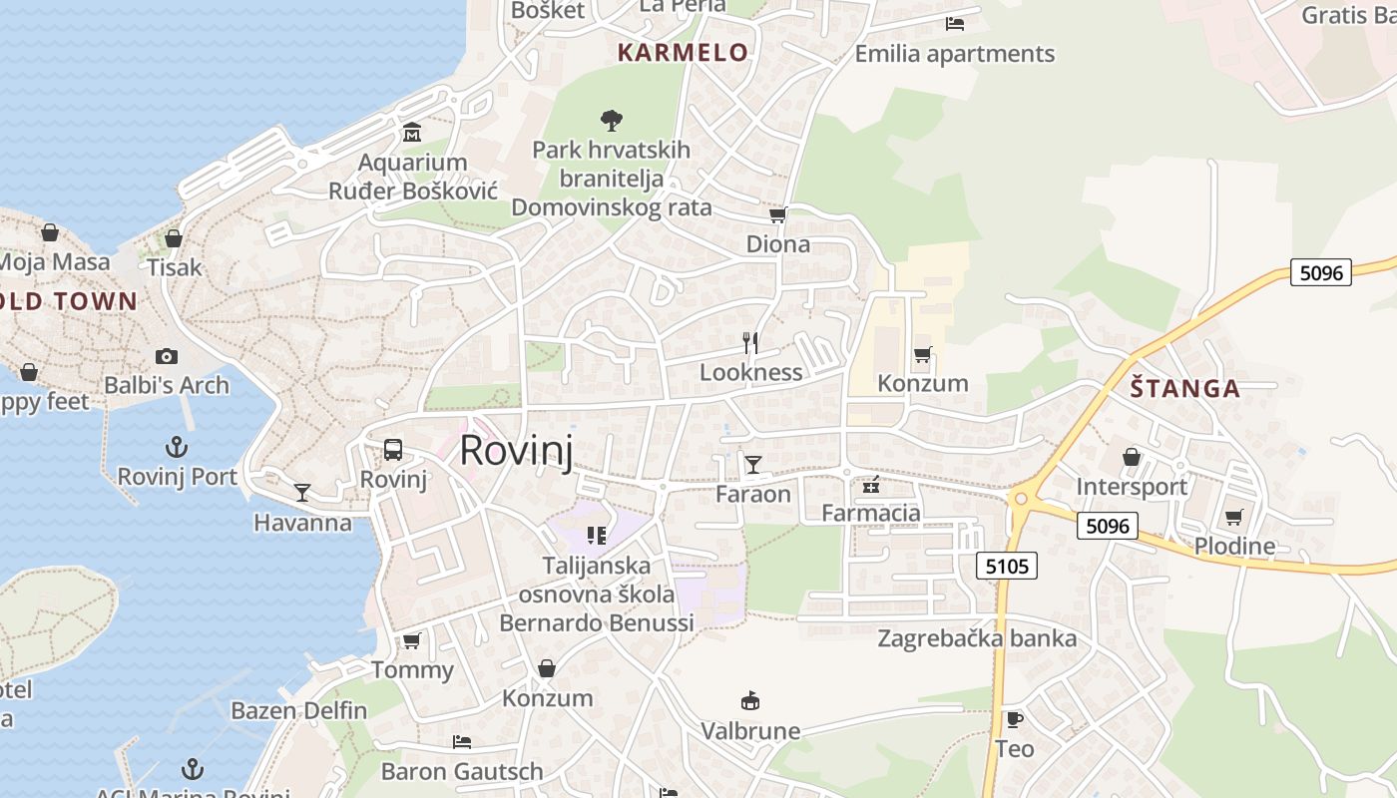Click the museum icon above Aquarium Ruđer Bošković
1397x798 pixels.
(412, 133)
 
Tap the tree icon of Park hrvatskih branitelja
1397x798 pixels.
(612, 121)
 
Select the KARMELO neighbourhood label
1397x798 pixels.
(683, 53)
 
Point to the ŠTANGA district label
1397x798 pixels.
(1185, 389)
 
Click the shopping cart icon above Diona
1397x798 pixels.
(778, 215)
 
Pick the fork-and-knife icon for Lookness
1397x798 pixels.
(751, 343)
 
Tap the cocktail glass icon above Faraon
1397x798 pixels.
(752, 464)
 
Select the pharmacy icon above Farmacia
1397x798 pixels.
(871, 485)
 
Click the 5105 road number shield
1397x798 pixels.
(1007, 567)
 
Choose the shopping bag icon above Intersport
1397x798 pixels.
(1132, 457)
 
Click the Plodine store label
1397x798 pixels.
(1234, 546)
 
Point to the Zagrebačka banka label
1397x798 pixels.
(977, 638)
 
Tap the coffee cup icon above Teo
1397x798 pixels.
(1014, 719)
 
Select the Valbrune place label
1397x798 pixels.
(750, 731)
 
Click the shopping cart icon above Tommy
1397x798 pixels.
(411, 640)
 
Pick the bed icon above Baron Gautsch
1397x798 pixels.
(462, 742)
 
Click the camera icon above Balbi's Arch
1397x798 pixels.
(167, 356)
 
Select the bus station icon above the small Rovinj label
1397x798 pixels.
(393, 449)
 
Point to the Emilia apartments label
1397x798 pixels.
(954, 54)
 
